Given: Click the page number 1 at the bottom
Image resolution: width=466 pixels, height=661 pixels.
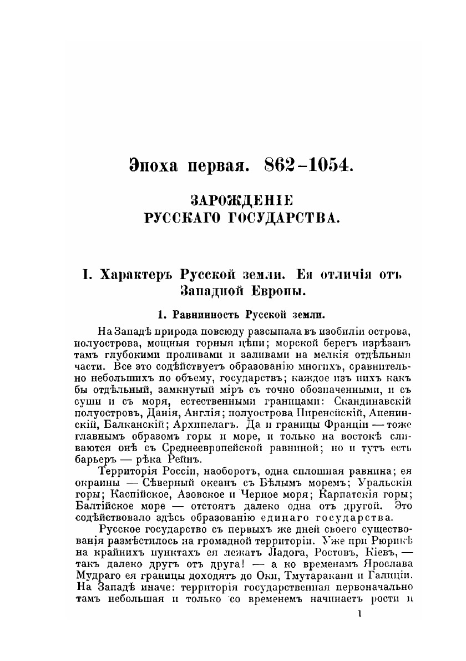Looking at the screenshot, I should click(x=360, y=614).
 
